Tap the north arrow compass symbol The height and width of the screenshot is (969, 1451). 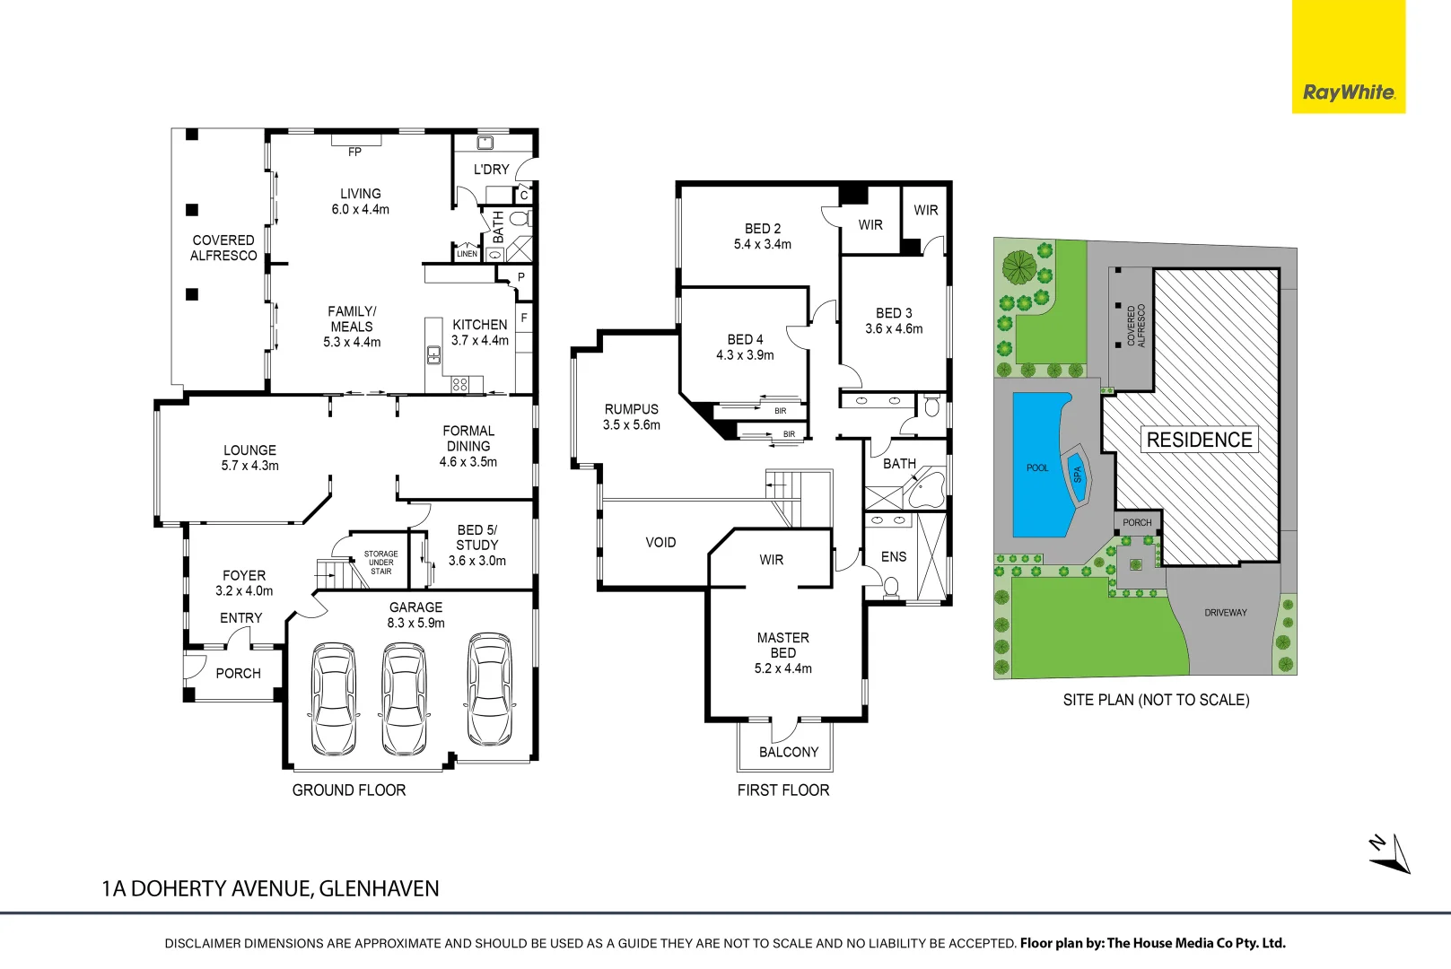[1390, 855]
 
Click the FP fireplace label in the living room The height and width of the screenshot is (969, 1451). [355, 152]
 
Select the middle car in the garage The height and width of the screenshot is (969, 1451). [404, 699]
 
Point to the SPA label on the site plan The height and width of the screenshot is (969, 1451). [1077, 475]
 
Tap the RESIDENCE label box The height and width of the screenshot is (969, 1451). [1199, 440]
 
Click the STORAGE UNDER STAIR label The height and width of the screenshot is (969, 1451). [380, 563]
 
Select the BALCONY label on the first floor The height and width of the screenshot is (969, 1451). [788, 752]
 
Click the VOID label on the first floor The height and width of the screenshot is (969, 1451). [660, 542]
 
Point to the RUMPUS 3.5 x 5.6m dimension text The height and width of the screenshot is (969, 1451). [631, 425]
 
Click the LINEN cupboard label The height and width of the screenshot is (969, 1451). [467, 254]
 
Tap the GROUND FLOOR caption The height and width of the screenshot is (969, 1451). [348, 790]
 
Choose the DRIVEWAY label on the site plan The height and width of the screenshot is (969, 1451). [1225, 613]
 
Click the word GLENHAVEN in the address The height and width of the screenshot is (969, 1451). [379, 888]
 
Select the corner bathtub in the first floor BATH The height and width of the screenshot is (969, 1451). [925, 490]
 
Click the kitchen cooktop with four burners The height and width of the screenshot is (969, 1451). [459, 384]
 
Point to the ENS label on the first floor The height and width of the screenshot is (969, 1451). [893, 556]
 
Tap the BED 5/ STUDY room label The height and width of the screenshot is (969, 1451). [476, 537]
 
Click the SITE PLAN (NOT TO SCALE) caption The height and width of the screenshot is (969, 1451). [1156, 700]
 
